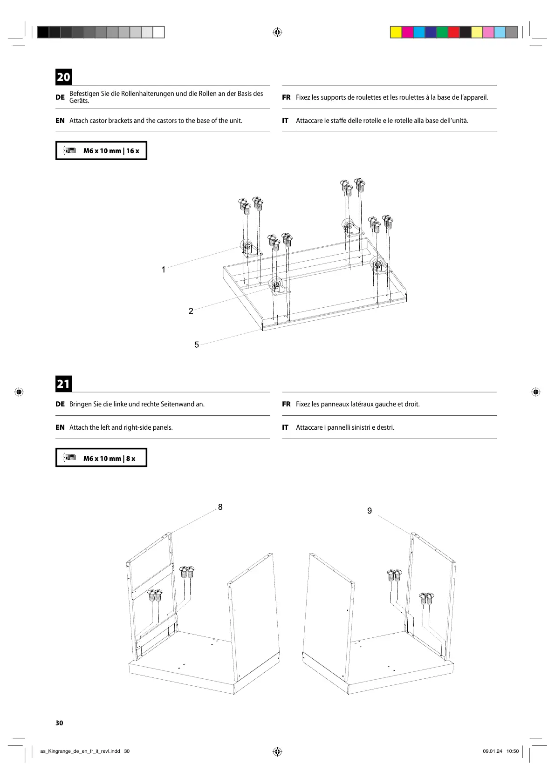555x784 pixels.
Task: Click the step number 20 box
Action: tap(64, 77)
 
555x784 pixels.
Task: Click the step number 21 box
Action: tap(63, 384)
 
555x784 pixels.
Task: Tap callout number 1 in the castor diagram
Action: tap(164, 270)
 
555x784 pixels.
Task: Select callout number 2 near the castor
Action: tap(191, 311)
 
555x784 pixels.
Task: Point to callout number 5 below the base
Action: tap(197, 345)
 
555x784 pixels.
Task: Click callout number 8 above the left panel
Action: tap(220, 507)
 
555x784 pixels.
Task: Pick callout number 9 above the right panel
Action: tap(370, 511)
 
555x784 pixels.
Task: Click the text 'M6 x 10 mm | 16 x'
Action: tap(111, 151)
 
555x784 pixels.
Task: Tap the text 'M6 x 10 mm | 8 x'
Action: tap(109, 459)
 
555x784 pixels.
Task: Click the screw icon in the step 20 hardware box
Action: tap(69, 150)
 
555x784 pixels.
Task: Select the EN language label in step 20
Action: tap(60, 121)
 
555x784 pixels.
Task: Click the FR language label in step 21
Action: tap(286, 404)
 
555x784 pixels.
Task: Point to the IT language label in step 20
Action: tap(285, 121)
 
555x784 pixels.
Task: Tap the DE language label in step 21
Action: tap(60, 404)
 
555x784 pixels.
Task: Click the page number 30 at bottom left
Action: tap(59, 723)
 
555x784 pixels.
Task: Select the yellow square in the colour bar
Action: tap(396, 32)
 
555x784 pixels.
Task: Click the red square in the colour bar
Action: tap(453, 32)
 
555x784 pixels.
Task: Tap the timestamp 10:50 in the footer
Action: tap(512, 751)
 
